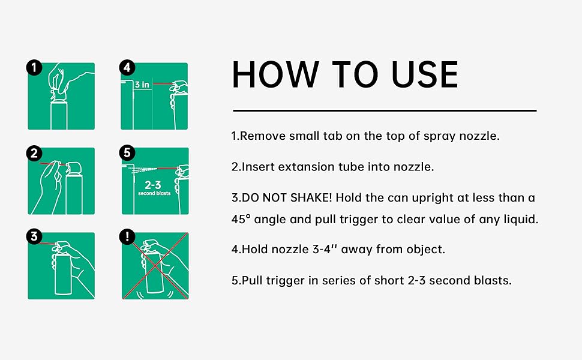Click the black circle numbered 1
[x=34, y=68]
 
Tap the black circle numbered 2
[x=34, y=153]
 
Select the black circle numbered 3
[x=34, y=236]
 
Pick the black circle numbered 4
[x=127, y=68]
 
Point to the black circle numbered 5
[x=127, y=152]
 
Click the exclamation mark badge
[x=127, y=236]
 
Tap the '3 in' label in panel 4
[x=142, y=85]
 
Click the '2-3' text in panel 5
[x=153, y=185]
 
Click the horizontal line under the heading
[x=385, y=110]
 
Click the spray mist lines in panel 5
[x=143, y=170]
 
